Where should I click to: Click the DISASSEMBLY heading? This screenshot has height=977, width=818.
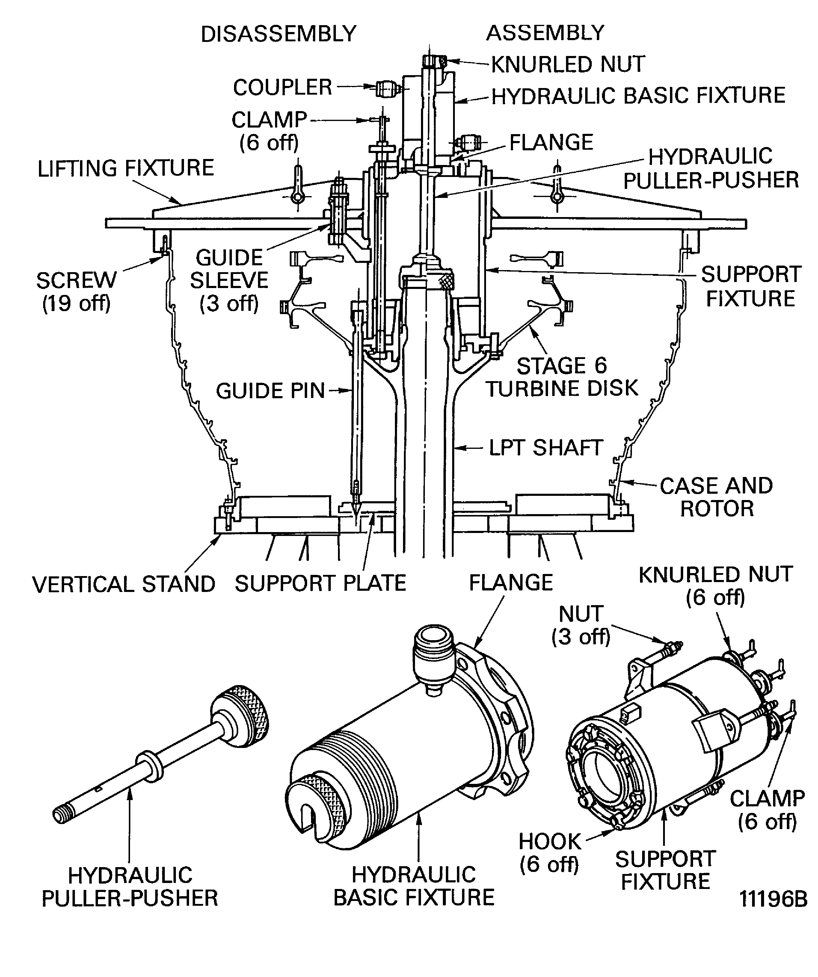point(278,34)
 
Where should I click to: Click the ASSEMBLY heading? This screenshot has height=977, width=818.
point(545,33)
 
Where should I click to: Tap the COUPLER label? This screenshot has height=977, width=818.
point(282,87)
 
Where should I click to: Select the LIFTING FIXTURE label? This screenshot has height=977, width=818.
point(126,168)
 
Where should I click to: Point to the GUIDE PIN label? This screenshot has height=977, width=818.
point(270,391)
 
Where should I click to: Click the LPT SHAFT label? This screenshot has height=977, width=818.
point(546,448)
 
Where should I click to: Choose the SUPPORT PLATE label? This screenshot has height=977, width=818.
point(320,583)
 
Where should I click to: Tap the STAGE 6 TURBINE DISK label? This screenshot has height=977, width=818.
point(562,377)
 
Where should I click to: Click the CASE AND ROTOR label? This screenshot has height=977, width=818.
point(716,497)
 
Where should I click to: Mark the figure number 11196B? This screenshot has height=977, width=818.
point(773,899)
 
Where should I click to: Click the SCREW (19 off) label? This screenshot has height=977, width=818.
point(76,292)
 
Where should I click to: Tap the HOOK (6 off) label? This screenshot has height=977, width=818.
point(549,853)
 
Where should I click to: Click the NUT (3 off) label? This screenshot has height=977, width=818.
point(581,625)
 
